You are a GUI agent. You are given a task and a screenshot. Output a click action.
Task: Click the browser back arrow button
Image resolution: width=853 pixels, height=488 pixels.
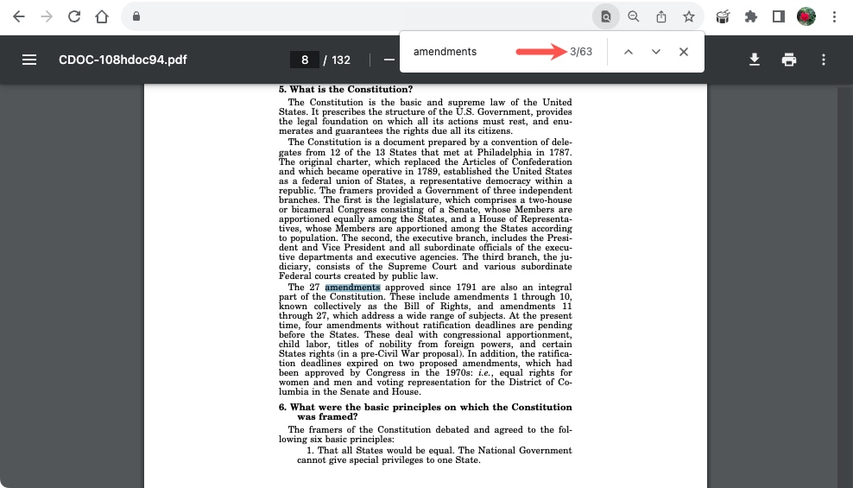(x=18, y=16)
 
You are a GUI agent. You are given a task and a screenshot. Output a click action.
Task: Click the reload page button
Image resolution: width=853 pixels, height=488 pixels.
(x=74, y=16)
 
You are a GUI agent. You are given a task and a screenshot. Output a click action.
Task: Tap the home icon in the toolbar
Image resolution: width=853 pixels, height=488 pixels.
(x=102, y=16)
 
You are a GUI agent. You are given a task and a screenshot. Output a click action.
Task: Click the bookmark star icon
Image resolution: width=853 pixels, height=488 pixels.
(x=688, y=16)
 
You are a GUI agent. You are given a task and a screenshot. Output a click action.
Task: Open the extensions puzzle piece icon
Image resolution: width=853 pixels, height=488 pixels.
(x=750, y=16)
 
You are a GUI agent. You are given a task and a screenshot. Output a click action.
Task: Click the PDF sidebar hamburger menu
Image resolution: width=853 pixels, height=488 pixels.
(x=29, y=60)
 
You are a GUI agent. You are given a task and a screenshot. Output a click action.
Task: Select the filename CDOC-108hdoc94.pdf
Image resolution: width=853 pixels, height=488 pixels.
(x=123, y=60)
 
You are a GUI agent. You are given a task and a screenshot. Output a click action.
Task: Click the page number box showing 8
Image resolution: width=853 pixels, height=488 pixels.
(x=305, y=60)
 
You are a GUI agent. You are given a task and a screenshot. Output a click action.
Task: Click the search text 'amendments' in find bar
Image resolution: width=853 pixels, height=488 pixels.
(x=445, y=52)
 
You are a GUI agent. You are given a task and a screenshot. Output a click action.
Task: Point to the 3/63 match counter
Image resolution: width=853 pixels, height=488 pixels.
(x=581, y=52)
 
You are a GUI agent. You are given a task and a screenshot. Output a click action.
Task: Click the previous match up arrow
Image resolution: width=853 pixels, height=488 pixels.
(x=629, y=52)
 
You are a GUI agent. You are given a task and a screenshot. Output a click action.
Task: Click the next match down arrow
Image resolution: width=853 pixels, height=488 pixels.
(x=656, y=52)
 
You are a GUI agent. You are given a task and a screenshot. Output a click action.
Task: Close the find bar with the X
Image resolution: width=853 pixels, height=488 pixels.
(x=684, y=52)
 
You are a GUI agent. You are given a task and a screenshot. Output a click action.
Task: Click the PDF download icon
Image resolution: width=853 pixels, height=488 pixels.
(x=755, y=60)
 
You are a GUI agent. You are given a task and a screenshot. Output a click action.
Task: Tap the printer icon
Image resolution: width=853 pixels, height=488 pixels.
(x=788, y=60)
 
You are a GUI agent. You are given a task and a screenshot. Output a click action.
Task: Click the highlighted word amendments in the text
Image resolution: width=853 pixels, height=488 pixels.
(x=352, y=288)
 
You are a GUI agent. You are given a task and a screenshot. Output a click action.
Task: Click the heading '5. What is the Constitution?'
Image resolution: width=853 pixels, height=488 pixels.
(x=345, y=89)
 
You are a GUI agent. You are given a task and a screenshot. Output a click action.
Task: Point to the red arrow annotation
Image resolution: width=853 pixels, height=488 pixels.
(x=540, y=52)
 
